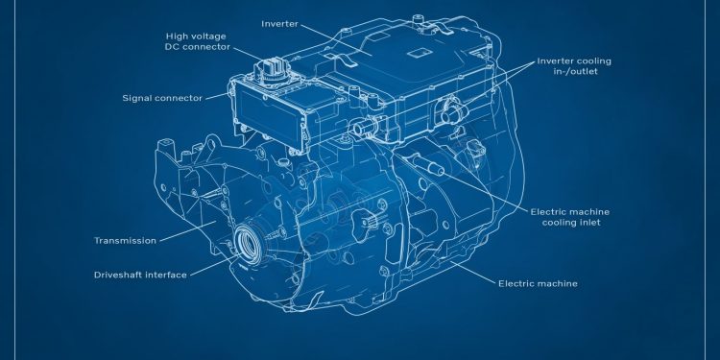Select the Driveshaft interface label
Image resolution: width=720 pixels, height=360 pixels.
point(140,275)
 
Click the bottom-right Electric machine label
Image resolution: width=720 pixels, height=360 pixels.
point(537,283)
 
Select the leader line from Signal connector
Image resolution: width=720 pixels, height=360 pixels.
point(216,95)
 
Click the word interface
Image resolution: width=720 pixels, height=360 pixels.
point(165,275)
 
